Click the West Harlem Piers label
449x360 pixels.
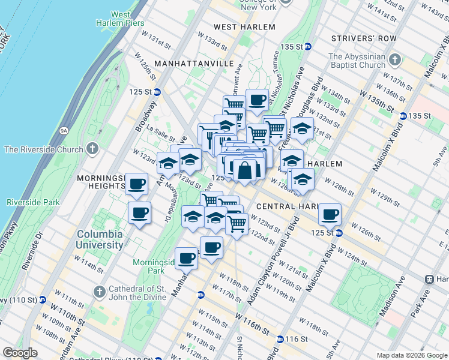[x=112, y=19]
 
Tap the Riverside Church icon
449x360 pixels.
[x=92, y=148]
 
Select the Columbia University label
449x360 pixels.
[x=100, y=239]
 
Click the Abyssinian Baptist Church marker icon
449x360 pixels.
[x=394, y=60]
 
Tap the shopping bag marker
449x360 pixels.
[x=246, y=170]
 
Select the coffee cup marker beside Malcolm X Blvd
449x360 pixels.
[x=330, y=214]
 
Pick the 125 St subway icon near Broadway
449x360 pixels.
[x=157, y=92]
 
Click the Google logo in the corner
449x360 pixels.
[x=20, y=353]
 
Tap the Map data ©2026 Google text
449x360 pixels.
[x=411, y=355]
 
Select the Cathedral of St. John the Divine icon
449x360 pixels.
[x=100, y=292]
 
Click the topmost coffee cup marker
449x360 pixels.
[x=258, y=100]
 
